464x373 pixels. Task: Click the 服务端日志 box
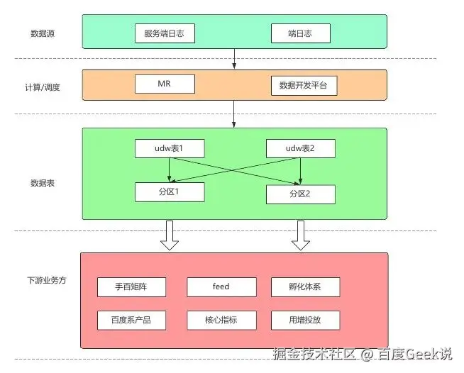[x=165, y=33]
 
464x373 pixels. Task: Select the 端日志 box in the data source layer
[x=300, y=33]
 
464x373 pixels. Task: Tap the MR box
[x=165, y=84]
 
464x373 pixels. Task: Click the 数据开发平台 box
[x=304, y=86]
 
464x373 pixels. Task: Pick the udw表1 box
[x=170, y=149]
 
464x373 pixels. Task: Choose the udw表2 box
[x=300, y=149]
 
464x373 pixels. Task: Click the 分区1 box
[x=170, y=191]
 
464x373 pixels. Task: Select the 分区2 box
[x=300, y=194]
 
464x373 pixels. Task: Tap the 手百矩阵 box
[x=131, y=287]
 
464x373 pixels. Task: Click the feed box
[x=221, y=287]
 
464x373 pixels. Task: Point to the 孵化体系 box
[x=305, y=287]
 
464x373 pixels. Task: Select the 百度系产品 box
[x=131, y=320]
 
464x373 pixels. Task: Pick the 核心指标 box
[x=221, y=320]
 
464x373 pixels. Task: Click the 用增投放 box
[x=305, y=320]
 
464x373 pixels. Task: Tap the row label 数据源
[x=43, y=33]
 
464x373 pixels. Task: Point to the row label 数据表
[x=43, y=183]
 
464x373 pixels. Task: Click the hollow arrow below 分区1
[x=170, y=235]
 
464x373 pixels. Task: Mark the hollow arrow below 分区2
[x=301, y=235]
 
